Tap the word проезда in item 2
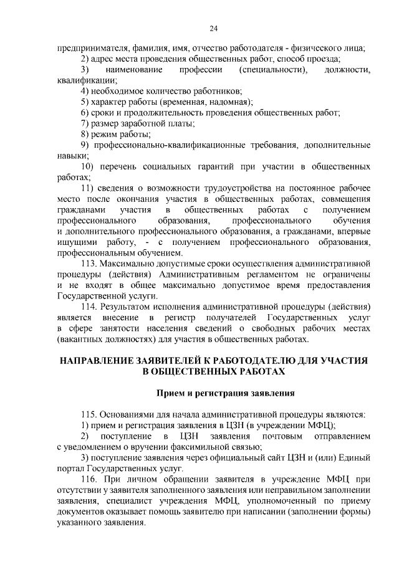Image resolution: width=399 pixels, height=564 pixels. (324, 59)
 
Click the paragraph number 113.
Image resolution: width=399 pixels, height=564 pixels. (92, 263)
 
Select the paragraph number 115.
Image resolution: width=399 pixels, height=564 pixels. (92, 414)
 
